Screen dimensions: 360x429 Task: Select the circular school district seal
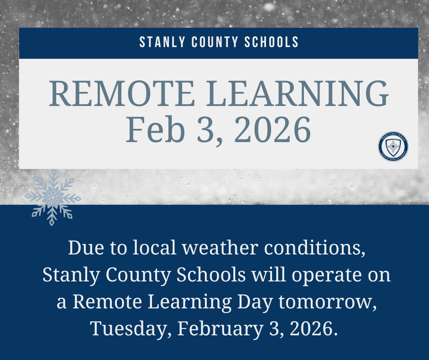tap(393, 145)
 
